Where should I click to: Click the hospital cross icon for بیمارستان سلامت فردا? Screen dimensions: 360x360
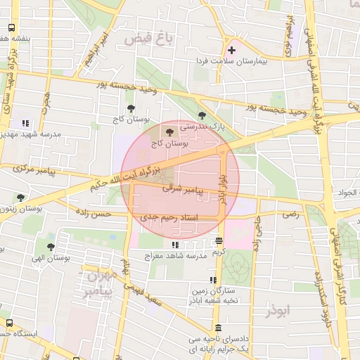231,51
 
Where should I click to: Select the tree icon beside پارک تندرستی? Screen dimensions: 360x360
202,115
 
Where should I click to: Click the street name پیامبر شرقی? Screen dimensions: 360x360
182,190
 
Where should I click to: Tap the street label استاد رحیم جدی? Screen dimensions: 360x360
169,219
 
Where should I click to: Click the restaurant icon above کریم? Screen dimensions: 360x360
219,241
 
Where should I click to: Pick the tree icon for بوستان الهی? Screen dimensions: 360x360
51,247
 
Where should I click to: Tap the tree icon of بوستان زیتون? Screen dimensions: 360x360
21,198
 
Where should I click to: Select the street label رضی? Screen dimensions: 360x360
290,214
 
